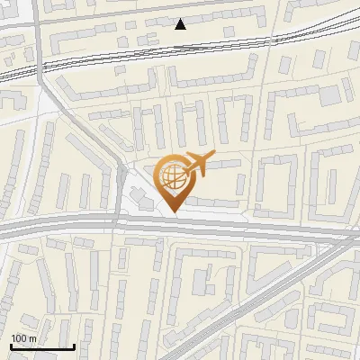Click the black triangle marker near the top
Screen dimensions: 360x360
click(x=181, y=23)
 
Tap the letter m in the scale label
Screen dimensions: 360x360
click(x=33, y=337)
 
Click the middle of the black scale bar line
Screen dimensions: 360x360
click(x=41, y=346)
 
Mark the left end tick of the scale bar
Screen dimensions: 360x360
click(x=10, y=346)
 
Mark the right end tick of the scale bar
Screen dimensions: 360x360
click(x=74, y=346)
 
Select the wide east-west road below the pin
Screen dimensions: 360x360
click(x=225, y=227)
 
